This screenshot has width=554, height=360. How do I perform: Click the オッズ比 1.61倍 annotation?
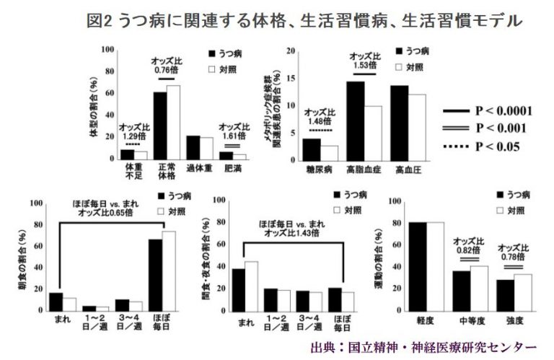click(232, 132)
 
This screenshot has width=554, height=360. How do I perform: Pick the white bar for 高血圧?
click(417, 126)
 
